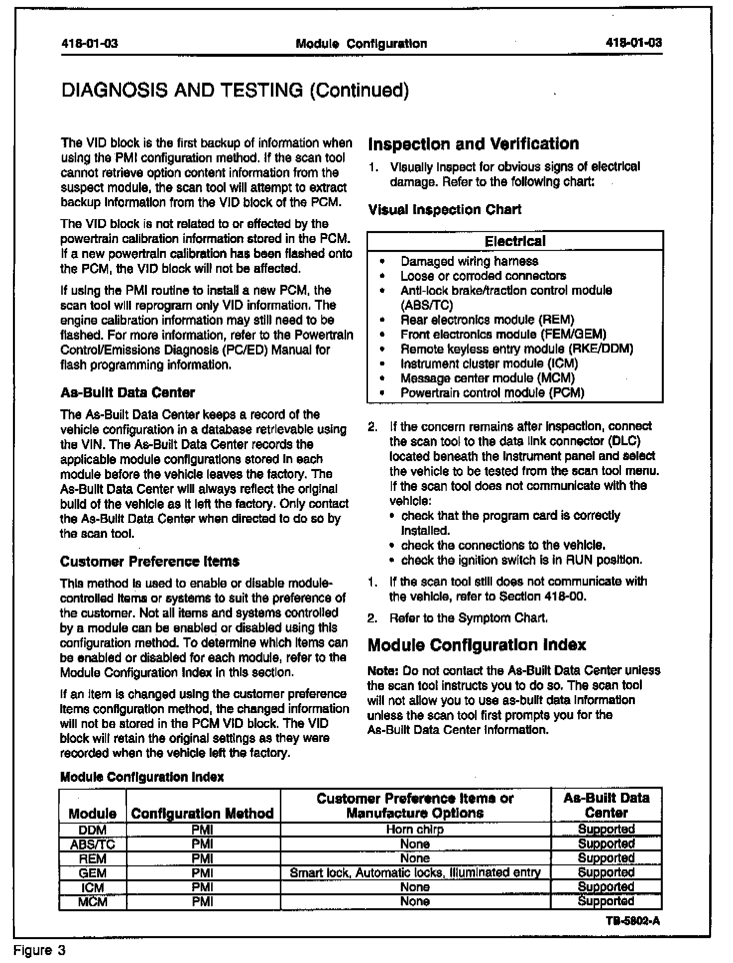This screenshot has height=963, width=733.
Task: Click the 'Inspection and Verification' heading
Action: click(473, 144)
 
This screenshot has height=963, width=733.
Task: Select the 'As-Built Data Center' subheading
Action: click(127, 392)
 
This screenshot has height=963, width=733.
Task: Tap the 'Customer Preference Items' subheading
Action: click(149, 561)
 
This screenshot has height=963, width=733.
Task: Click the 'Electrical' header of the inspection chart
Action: click(515, 241)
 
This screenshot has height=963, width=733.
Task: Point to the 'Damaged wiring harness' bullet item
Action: click(469, 261)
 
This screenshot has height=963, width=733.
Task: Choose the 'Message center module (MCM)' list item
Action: click(488, 378)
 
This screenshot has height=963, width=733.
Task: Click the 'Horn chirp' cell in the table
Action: click(415, 830)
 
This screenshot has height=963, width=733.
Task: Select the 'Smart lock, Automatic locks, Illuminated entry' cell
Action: click(415, 872)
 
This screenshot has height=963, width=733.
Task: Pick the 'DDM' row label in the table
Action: click(93, 830)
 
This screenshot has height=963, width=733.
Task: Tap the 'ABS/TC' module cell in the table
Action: click(93, 844)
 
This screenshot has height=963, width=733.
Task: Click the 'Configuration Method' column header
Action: click(202, 814)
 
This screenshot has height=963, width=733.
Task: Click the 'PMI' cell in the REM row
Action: click(202, 858)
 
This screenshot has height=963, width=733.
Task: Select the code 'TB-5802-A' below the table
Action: click(633, 921)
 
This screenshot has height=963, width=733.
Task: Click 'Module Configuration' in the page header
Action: click(361, 44)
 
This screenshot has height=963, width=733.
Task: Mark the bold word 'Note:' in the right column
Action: click(383, 670)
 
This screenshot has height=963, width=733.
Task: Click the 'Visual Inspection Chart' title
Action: click(445, 210)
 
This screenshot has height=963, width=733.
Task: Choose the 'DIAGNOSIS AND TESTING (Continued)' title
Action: click(235, 90)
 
